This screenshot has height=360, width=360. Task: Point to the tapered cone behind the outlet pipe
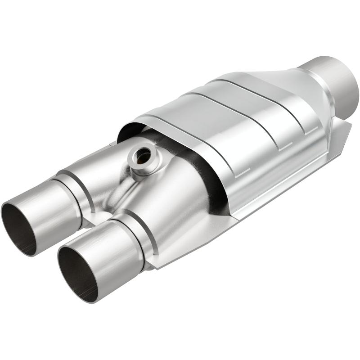pos(288,85)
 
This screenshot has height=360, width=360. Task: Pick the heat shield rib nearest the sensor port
pos(198,135)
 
